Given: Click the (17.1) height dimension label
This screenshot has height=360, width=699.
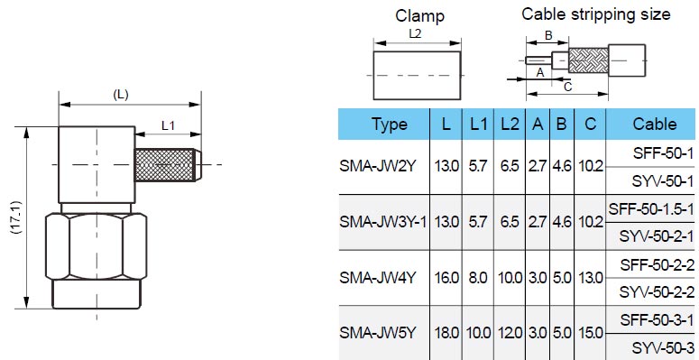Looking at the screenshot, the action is (x=16, y=217).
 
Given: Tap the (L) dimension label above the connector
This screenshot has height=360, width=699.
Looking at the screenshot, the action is (x=120, y=95).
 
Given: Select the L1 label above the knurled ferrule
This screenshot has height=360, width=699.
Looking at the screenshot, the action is (x=168, y=125).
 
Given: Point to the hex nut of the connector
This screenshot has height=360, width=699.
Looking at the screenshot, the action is (x=97, y=246).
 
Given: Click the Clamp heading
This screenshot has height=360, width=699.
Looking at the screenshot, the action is (x=419, y=16).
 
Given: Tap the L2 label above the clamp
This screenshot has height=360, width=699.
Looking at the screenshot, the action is (x=415, y=34).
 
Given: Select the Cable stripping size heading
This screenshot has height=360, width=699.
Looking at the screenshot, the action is (x=596, y=14).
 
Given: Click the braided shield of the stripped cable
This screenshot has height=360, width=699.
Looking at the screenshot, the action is (x=588, y=61).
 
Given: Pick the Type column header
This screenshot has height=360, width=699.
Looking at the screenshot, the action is (x=389, y=124).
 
